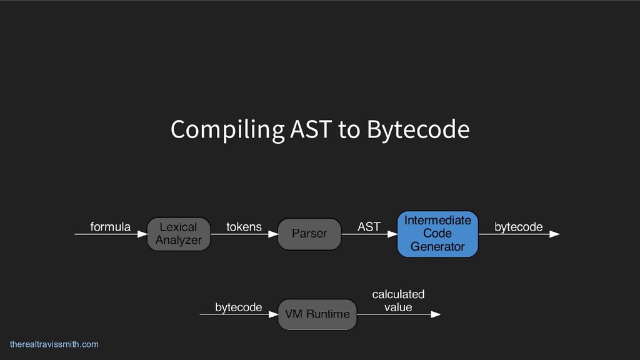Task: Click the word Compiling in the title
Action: tap(227, 130)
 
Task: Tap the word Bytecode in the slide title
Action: tap(417, 130)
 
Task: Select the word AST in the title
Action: tap(311, 129)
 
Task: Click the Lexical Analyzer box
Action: tap(179, 234)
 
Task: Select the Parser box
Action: tap(309, 234)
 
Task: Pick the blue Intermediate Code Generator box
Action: tap(437, 234)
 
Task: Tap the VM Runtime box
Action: tap(317, 314)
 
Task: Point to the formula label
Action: tap(111, 227)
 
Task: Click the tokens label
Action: tap(244, 227)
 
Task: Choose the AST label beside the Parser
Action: tap(369, 227)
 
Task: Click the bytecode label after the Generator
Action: tap(519, 227)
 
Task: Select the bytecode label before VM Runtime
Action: tap(239, 307)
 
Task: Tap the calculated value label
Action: tap(398, 301)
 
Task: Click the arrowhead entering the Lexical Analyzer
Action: tap(142, 234)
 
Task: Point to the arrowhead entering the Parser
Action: tap(273, 234)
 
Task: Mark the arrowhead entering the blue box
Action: tap(392, 234)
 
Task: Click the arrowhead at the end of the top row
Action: tap(554, 234)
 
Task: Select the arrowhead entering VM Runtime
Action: tap(273, 314)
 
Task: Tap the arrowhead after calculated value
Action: tap(436, 314)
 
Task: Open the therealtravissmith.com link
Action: tap(54, 344)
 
